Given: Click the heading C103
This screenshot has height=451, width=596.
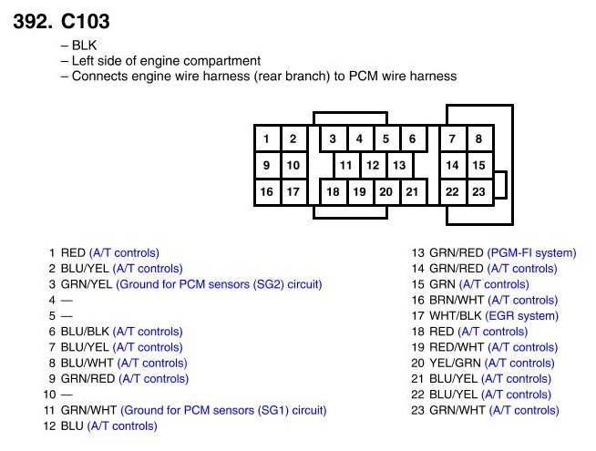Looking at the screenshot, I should (x=86, y=20).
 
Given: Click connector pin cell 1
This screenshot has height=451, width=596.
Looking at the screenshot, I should (x=266, y=138).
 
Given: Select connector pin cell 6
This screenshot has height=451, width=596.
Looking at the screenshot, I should (x=413, y=138).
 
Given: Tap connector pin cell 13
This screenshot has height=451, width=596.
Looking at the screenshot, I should (x=399, y=166).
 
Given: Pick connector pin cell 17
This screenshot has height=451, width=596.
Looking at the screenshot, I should (x=293, y=192).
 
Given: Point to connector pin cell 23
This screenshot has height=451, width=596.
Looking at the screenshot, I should (x=479, y=192).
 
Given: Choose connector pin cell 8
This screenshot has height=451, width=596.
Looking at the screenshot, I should (x=479, y=138).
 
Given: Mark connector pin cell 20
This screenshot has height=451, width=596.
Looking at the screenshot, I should (x=386, y=192).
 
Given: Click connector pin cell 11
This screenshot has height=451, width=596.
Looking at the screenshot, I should (x=346, y=166).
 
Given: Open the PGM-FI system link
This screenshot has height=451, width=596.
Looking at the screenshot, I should (x=531, y=252).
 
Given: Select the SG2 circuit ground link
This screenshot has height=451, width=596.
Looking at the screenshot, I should (x=219, y=284).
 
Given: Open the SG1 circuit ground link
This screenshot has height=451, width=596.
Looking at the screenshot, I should (x=223, y=410).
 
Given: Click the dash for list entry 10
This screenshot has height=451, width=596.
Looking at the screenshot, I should (x=66, y=395).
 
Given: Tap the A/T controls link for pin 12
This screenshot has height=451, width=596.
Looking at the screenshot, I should (x=122, y=425).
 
